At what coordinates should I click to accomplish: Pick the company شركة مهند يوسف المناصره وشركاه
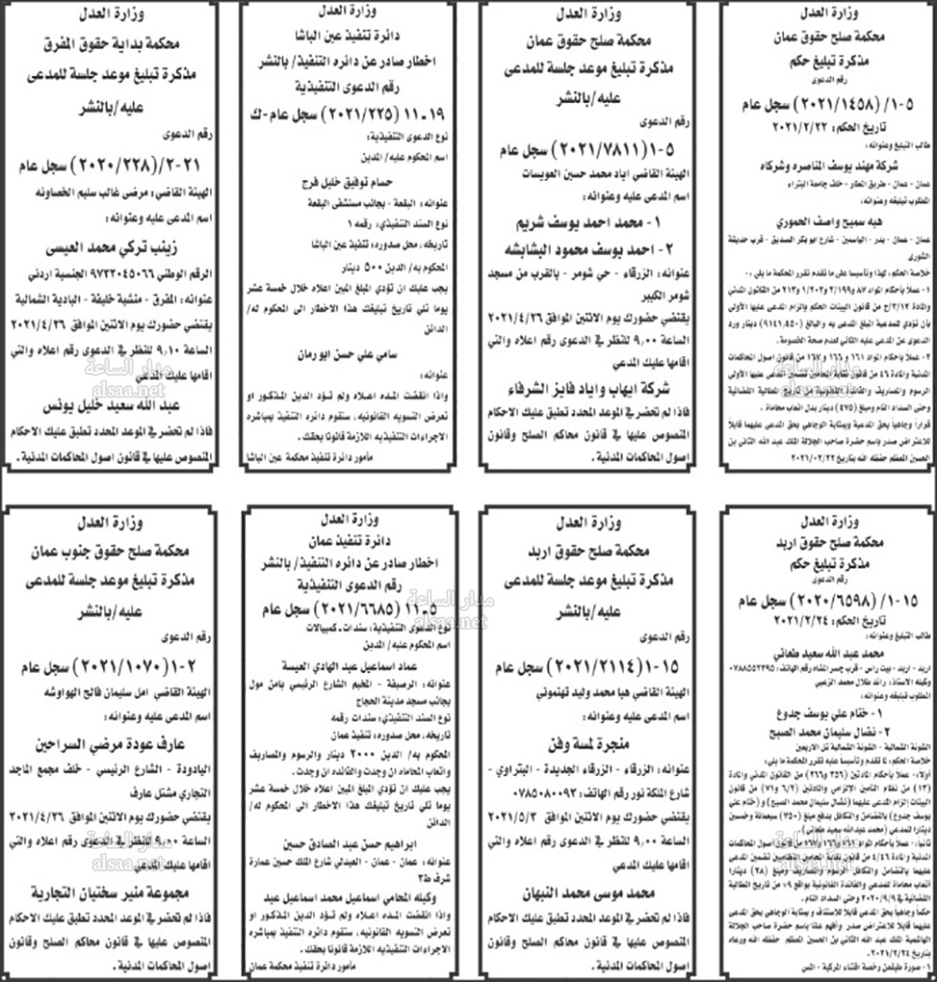click(824, 161)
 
